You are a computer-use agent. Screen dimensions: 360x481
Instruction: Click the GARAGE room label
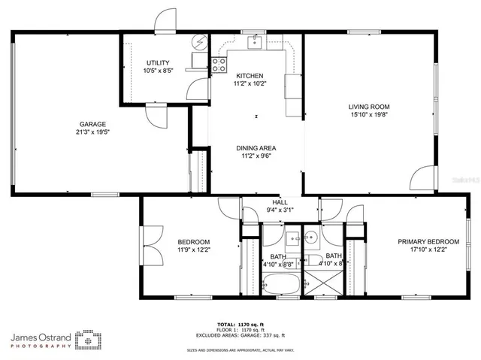click(94, 124)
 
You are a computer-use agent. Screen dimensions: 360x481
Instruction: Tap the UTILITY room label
click(158, 63)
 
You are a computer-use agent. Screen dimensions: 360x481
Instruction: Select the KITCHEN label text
click(250, 76)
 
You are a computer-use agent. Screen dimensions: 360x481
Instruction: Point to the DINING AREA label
click(256, 148)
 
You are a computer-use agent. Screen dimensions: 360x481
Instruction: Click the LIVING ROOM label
click(368, 107)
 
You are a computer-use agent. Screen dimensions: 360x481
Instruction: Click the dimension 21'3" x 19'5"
click(94, 132)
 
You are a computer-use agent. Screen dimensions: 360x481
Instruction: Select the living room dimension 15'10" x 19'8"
click(368, 116)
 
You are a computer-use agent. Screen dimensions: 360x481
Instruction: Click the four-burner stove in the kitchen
click(219, 65)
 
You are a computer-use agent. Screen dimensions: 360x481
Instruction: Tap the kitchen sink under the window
click(255, 43)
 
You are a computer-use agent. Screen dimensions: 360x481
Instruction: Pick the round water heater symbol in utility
click(199, 41)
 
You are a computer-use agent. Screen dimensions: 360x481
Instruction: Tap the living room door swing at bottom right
click(422, 179)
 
